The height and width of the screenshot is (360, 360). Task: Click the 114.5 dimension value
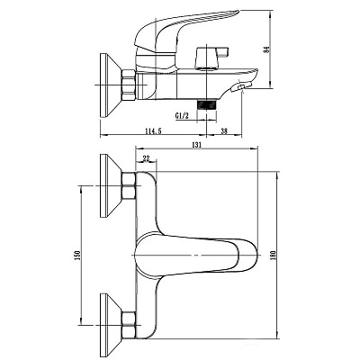(153, 131)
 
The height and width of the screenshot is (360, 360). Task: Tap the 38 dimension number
(224, 131)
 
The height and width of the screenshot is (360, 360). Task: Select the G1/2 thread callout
(182, 115)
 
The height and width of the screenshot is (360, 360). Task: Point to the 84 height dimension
(265, 49)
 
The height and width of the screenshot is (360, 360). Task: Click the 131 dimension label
(196, 144)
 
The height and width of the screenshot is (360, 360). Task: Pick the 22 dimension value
(147, 158)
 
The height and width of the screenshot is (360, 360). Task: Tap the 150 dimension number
(76, 255)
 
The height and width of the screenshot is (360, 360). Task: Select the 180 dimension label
(273, 255)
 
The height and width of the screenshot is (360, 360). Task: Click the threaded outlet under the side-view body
(206, 105)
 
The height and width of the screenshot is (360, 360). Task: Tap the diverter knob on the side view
(211, 57)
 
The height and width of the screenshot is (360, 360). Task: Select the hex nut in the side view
(129, 85)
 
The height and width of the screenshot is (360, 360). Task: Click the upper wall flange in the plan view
(110, 185)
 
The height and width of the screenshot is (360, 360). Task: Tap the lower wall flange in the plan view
(110, 324)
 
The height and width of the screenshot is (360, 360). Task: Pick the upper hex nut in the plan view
(129, 186)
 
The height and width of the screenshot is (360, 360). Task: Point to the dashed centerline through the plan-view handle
(195, 255)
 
